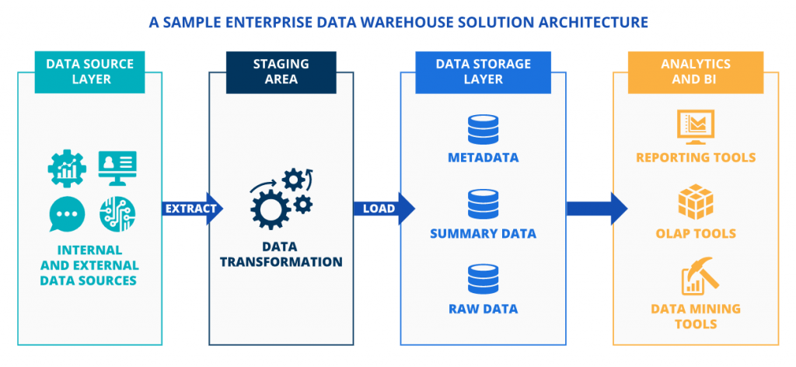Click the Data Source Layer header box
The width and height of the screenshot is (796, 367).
(x=89, y=72)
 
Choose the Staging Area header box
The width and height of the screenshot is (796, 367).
(x=281, y=72)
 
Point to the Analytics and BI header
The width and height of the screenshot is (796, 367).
(x=695, y=72)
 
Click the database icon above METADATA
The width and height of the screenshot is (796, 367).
(x=483, y=129)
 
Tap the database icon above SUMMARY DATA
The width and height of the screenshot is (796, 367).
(x=483, y=204)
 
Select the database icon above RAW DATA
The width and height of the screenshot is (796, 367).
(x=483, y=280)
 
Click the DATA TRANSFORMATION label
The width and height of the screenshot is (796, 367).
(x=281, y=254)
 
